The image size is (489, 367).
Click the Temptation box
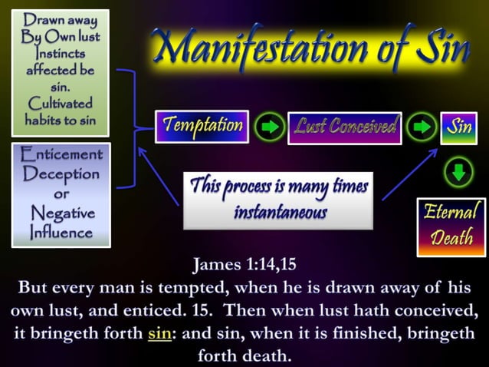[x=202, y=126]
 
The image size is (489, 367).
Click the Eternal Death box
[x=451, y=226]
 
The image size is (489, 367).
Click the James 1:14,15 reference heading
[x=244, y=266]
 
